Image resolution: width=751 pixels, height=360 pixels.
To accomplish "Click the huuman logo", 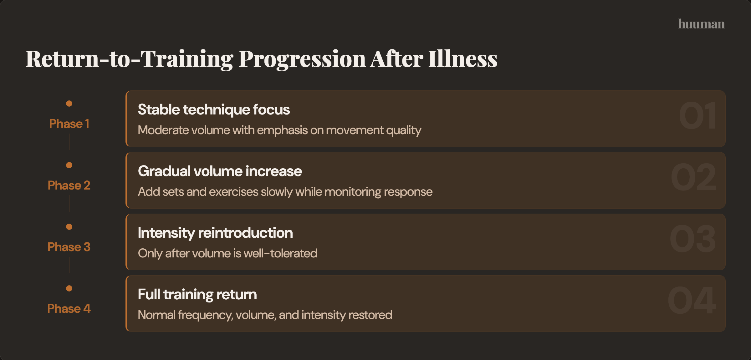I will click(x=701, y=24).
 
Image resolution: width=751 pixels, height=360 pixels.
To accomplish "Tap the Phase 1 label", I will click(x=69, y=124).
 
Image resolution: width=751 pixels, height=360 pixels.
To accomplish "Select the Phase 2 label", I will click(x=69, y=185).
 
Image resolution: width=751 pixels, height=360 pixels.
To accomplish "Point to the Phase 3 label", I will click(x=69, y=247).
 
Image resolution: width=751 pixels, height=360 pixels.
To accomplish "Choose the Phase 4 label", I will click(x=69, y=309).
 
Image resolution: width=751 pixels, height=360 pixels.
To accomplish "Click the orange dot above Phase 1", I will click(x=69, y=104).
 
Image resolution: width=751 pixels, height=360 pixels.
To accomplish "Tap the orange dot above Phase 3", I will click(x=69, y=227).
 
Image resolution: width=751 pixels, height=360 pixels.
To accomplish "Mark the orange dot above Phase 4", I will click(x=69, y=288).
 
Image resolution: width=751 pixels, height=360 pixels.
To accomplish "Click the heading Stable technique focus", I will click(x=214, y=110).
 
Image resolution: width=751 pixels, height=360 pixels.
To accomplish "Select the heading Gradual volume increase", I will click(x=220, y=171).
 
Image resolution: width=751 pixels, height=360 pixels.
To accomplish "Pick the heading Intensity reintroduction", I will click(x=215, y=233).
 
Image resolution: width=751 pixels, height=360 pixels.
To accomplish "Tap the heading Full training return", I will click(x=197, y=295).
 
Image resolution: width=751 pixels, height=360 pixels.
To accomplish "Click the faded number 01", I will click(x=697, y=116).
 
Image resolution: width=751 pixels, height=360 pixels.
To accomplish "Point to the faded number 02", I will click(x=693, y=177).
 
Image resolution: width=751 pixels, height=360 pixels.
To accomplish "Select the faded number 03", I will click(x=693, y=239).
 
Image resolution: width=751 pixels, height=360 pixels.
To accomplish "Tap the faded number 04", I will click(x=692, y=301).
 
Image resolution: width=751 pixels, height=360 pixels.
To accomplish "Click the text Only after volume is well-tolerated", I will click(x=227, y=253).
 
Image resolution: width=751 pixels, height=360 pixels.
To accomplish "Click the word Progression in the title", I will click(x=302, y=59).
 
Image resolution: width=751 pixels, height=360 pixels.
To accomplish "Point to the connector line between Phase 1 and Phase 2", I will click(x=69, y=142).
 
